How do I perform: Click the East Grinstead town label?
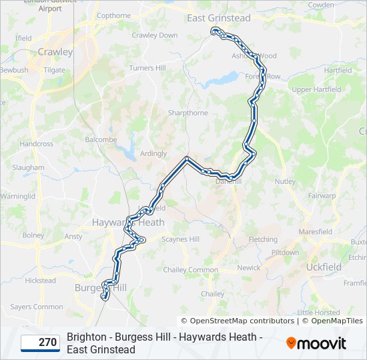[219, 18]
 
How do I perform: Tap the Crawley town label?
[55, 51]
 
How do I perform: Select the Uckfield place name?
[323, 267]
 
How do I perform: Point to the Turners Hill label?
[147, 68]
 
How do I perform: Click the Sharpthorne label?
[188, 113]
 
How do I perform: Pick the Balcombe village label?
[101, 140]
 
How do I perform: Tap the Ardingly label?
[153, 153]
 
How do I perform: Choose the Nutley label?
[284, 181]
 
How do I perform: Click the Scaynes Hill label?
[181, 239]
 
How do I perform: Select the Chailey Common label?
[191, 270]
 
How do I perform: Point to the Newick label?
[249, 267]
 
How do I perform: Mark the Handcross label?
[36, 143]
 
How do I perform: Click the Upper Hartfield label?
[316, 89]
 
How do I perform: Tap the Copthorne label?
[113, 15]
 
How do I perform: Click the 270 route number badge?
[40, 343]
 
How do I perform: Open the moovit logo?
[316, 343]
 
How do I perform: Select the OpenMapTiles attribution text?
[336, 321]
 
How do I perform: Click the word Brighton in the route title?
[86, 337]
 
